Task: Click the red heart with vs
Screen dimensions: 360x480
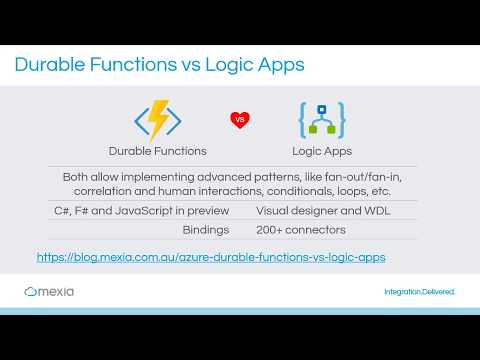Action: click(x=239, y=120)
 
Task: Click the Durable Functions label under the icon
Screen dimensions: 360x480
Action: click(x=158, y=151)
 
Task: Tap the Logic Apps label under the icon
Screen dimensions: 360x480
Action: click(x=321, y=151)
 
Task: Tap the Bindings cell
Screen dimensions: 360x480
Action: click(x=206, y=229)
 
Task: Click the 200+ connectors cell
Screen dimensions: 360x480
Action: click(x=301, y=229)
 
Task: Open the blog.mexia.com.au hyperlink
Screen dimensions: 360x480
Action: click(x=210, y=257)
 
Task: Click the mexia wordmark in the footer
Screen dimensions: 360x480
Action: click(x=60, y=292)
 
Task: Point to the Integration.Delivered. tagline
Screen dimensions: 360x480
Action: click(x=419, y=292)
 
